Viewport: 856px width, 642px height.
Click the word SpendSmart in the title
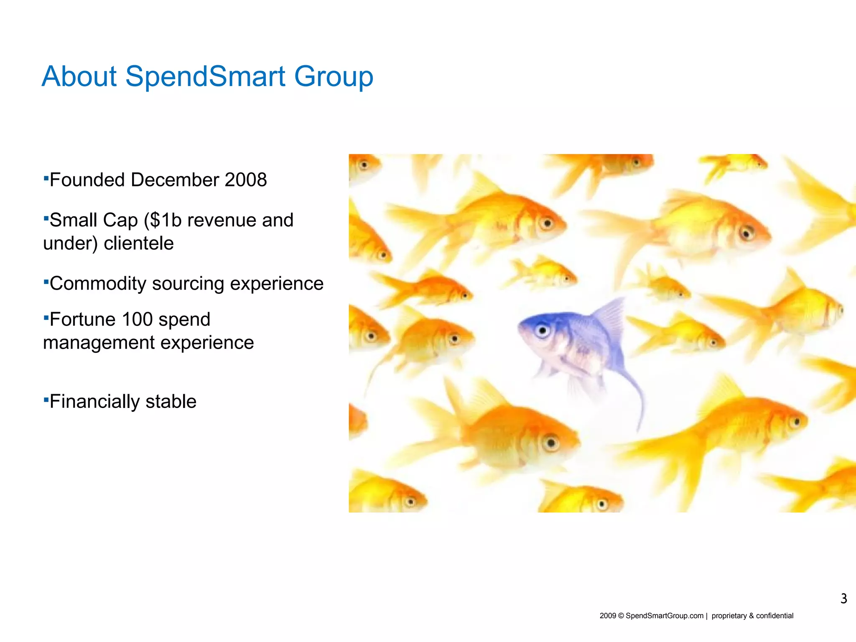pos(205,76)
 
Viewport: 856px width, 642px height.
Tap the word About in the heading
pos(79,76)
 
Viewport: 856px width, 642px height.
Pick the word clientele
pos(138,243)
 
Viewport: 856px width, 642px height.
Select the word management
pos(99,343)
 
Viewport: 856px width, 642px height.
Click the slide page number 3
pos(843,599)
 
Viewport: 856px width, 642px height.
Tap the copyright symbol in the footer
pos(621,616)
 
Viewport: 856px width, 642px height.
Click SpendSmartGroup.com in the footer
pos(664,616)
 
